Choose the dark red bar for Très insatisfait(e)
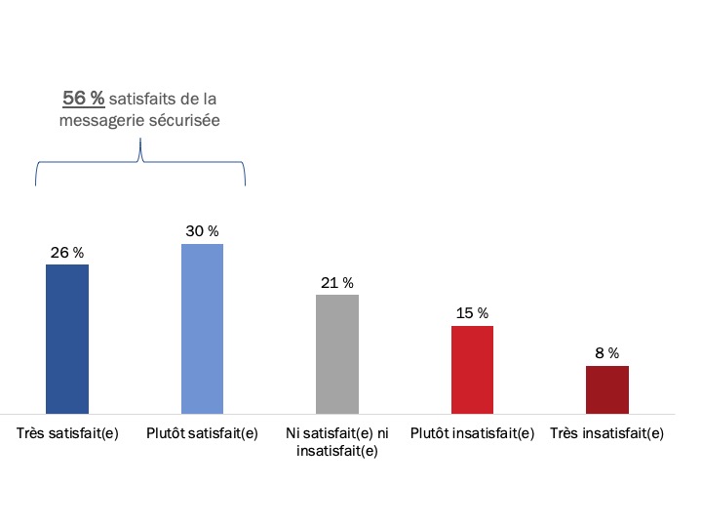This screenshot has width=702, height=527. [606, 389]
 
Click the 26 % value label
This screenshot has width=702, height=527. [67, 253]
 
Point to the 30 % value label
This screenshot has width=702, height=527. [202, 231]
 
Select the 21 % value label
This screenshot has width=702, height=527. [336, 283]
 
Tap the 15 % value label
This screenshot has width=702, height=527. [472, 313]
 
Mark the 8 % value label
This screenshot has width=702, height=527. [606, 353]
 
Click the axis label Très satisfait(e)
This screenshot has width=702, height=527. [67, 433]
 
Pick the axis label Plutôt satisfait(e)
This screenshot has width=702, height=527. [202, 433]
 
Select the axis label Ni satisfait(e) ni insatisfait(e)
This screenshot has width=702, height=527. [336, 442]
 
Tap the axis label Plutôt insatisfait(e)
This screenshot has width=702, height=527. [472, 433]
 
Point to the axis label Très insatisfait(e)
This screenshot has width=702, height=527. [606, 433]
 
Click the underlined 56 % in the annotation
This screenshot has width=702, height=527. [84, 99]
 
